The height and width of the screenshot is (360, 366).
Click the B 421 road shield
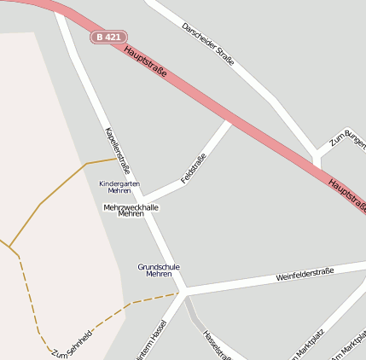[109, 38]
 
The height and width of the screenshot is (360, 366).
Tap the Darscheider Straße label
[208, 44]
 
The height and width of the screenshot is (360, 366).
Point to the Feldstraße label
[194, 168]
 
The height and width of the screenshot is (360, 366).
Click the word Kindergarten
[119, 183]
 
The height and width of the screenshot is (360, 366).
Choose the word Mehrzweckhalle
[131, 206]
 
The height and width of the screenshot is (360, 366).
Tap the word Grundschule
[159, 266]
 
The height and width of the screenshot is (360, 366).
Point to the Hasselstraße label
[217, 344]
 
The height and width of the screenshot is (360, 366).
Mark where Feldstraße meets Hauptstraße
[229, 123]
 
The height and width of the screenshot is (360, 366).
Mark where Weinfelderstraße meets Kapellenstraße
[183, 292]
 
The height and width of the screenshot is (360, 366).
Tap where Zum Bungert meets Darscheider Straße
[317, 156]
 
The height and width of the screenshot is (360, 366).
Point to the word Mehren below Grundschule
[159, 275]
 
